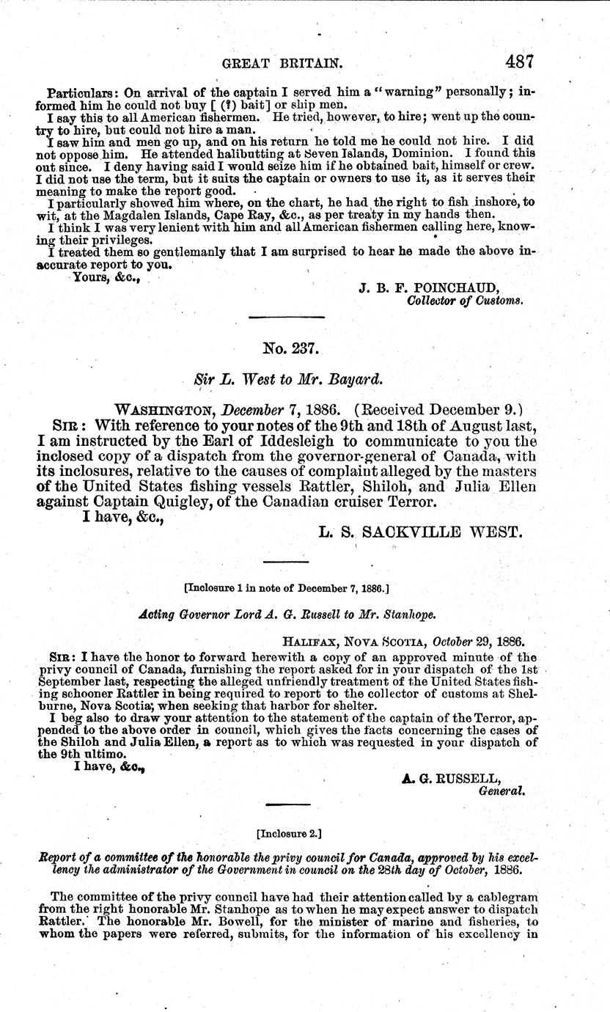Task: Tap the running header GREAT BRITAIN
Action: (282, 64)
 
